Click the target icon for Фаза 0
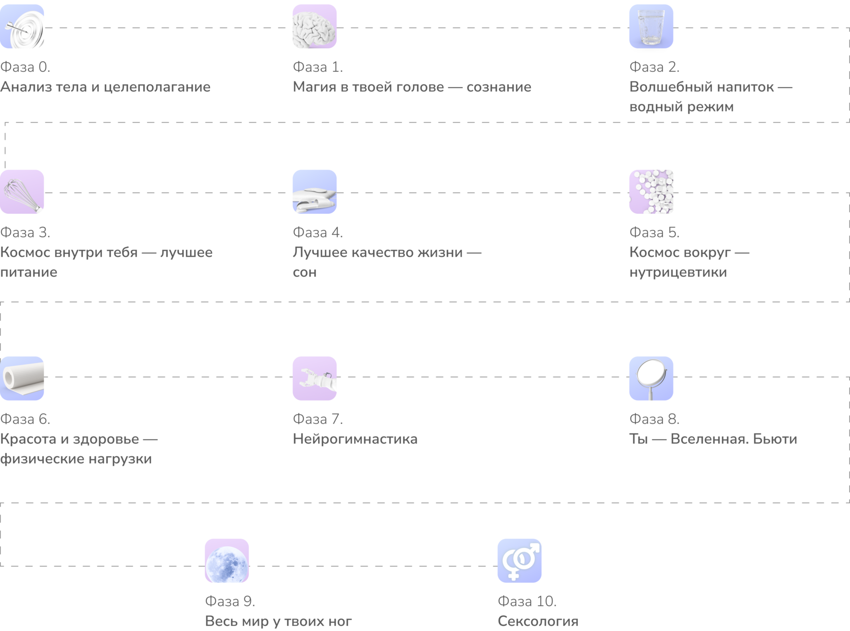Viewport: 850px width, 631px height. pyautogui.click(x=22, y=26)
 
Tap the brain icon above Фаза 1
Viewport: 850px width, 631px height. pyautogui.click(x=315, y=26)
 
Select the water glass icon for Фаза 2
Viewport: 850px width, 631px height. pyautogui.click(x=651, y=26)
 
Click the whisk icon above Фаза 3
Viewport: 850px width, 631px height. pyautogui.click(x=22, y=192)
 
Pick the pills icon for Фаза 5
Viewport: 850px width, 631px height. pyautogui.click(x=651, y=192)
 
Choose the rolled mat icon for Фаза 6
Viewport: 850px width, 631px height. pyautogui.click(x=22, y=378)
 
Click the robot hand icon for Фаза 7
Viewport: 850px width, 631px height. pyautogui.click(x=315, y=378)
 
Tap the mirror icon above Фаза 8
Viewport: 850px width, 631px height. pyautogui.click(x=651, y=378)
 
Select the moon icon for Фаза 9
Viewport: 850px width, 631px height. pyautogui.click(x=227, y=561)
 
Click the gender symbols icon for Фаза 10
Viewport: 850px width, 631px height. pyautogui.click(x=520, y=561)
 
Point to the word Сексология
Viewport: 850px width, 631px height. pyautogui.click(x=538, y=621)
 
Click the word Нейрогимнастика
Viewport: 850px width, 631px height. pyautogui.click(x=355, y=439)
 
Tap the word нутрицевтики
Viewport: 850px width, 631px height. pyautogui.click(x=678, y=272)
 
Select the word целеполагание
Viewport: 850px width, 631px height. pyautogui.click(x=157, y=87)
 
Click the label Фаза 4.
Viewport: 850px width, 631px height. pyautogui.click(x=318, y=232)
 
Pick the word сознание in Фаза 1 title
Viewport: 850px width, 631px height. pyautogui.click(x=499, y=87)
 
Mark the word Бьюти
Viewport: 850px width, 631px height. pyautogui.click(x=775, y=439)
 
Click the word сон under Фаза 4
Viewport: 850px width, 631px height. pyautogui.click(x=305, y=272)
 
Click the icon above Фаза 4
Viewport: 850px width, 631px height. pyautogui.click(x=315, y=192)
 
